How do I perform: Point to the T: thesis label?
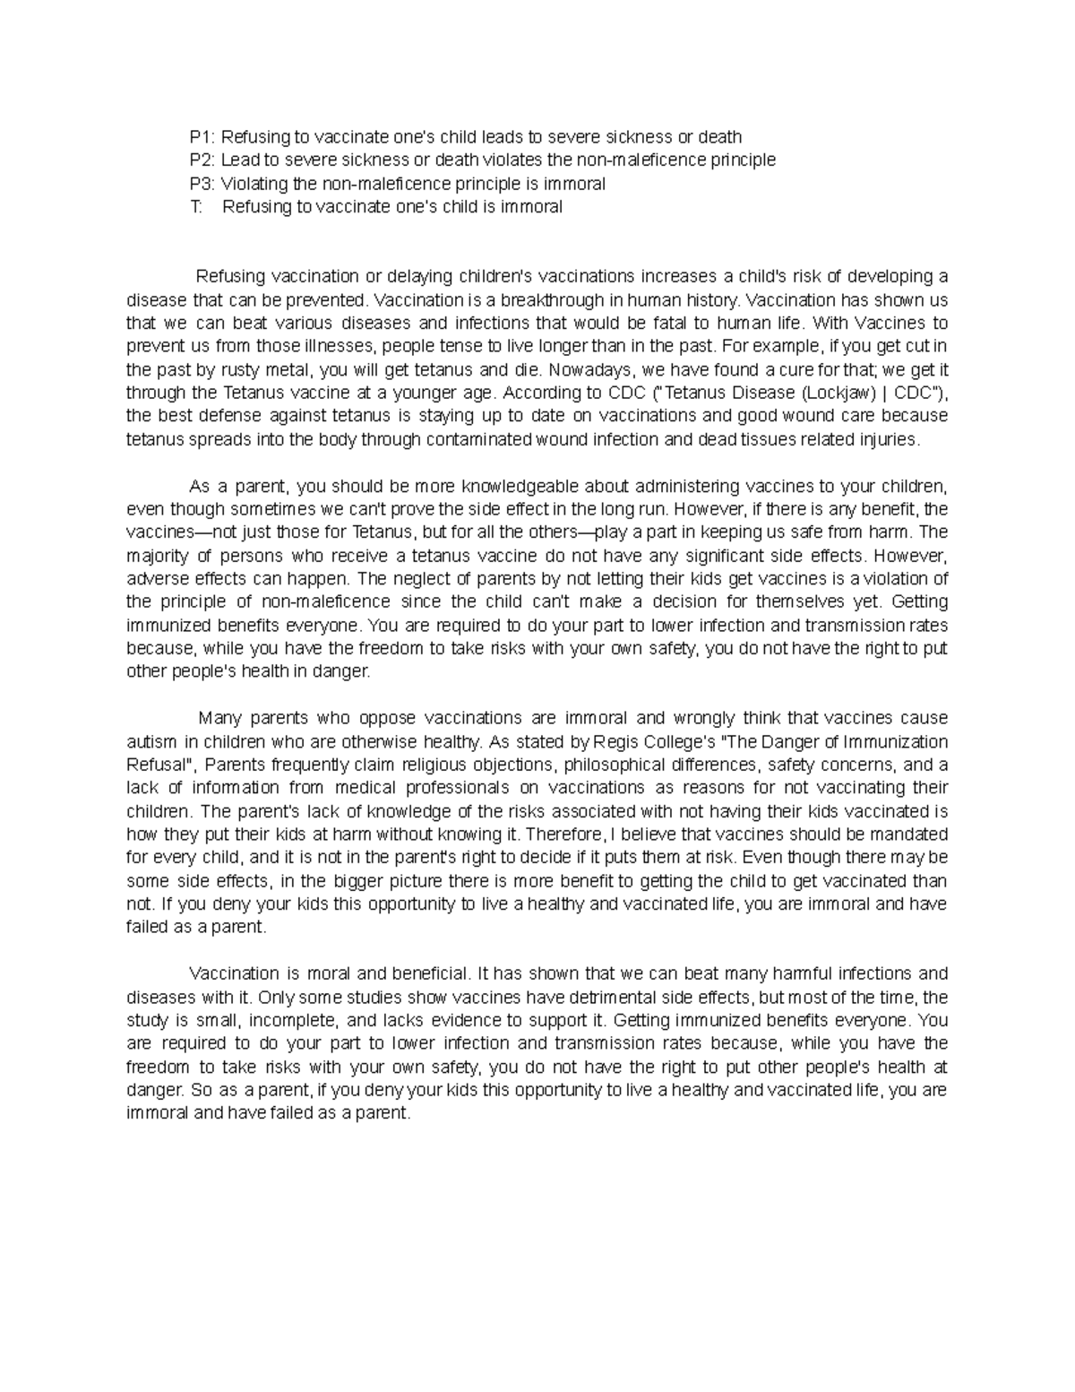click(197, 207)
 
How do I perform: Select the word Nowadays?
click(585, 369)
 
